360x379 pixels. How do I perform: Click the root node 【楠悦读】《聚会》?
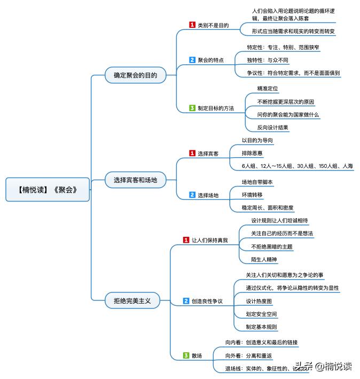[48, 189]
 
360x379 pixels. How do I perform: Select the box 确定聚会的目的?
[135, 75]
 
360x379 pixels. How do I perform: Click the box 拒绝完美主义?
[129, 301]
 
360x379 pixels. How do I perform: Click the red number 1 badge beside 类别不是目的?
[192, 25]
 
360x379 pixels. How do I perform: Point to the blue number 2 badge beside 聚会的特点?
[192, 60]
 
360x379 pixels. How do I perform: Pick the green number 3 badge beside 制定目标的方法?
[192, 108]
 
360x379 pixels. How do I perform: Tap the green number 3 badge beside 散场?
[186, 355]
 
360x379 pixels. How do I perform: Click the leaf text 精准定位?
[268, 88]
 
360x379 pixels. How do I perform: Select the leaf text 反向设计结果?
[272, 127]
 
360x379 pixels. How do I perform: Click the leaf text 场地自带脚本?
[257, 182]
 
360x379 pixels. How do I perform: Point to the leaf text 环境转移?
[252, 195]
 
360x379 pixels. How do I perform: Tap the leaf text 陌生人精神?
[264, 259]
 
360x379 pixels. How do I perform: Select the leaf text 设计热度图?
[259, 301]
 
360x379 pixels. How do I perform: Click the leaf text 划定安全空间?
[261, 314]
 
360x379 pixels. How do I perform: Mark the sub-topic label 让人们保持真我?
[209, 240]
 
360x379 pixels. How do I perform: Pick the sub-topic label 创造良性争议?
[207, 301]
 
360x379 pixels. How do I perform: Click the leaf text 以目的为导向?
[257, 140]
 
